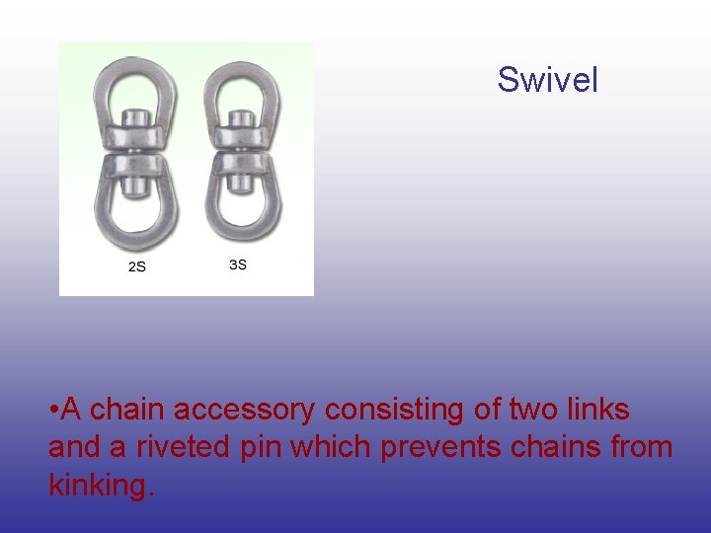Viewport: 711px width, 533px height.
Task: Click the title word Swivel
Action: coord(547,79)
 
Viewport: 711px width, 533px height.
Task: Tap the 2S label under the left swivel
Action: coord(137,266)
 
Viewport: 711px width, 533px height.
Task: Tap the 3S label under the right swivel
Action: coord(237,265)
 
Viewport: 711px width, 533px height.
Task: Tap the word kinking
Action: coord(99,486)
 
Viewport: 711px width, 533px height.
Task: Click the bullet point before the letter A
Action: coord(53,410)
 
